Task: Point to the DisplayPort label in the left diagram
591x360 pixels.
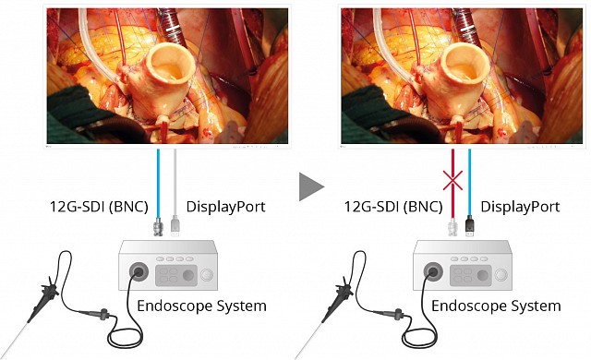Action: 226,207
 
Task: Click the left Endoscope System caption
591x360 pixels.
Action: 200,305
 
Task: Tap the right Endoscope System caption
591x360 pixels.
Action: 496,305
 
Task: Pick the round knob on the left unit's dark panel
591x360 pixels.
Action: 189,275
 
